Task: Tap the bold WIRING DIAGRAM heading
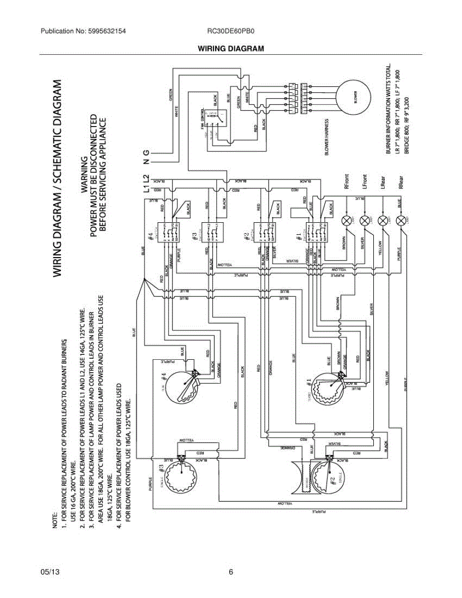click(231, 48)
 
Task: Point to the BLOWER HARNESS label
click(327, 137)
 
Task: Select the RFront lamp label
click(346, 180)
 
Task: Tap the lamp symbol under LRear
click(383, 220)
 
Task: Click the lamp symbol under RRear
click(401, 220)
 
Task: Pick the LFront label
click(364, 181)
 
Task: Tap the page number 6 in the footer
click(231, 572)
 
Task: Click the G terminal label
click(146, 151)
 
